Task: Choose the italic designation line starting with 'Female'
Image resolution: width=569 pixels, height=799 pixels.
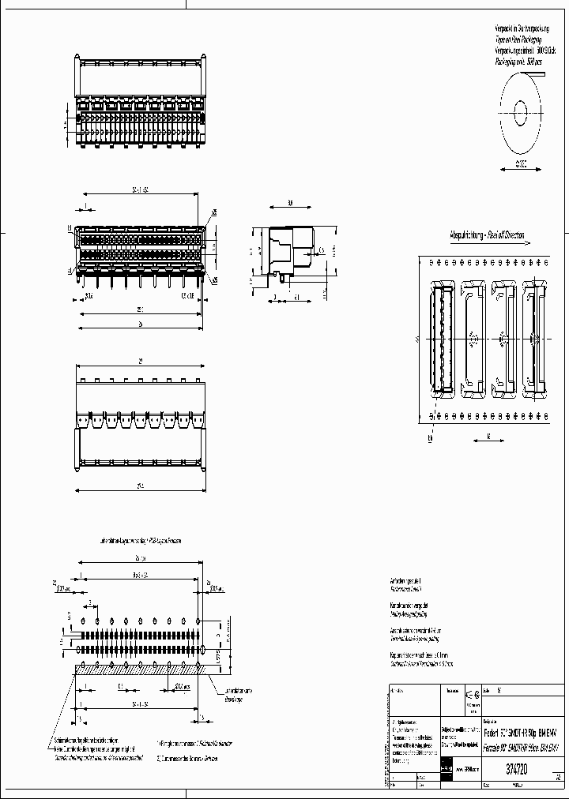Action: (522, 747)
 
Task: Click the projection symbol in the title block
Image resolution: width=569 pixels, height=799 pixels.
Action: (472, 694)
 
